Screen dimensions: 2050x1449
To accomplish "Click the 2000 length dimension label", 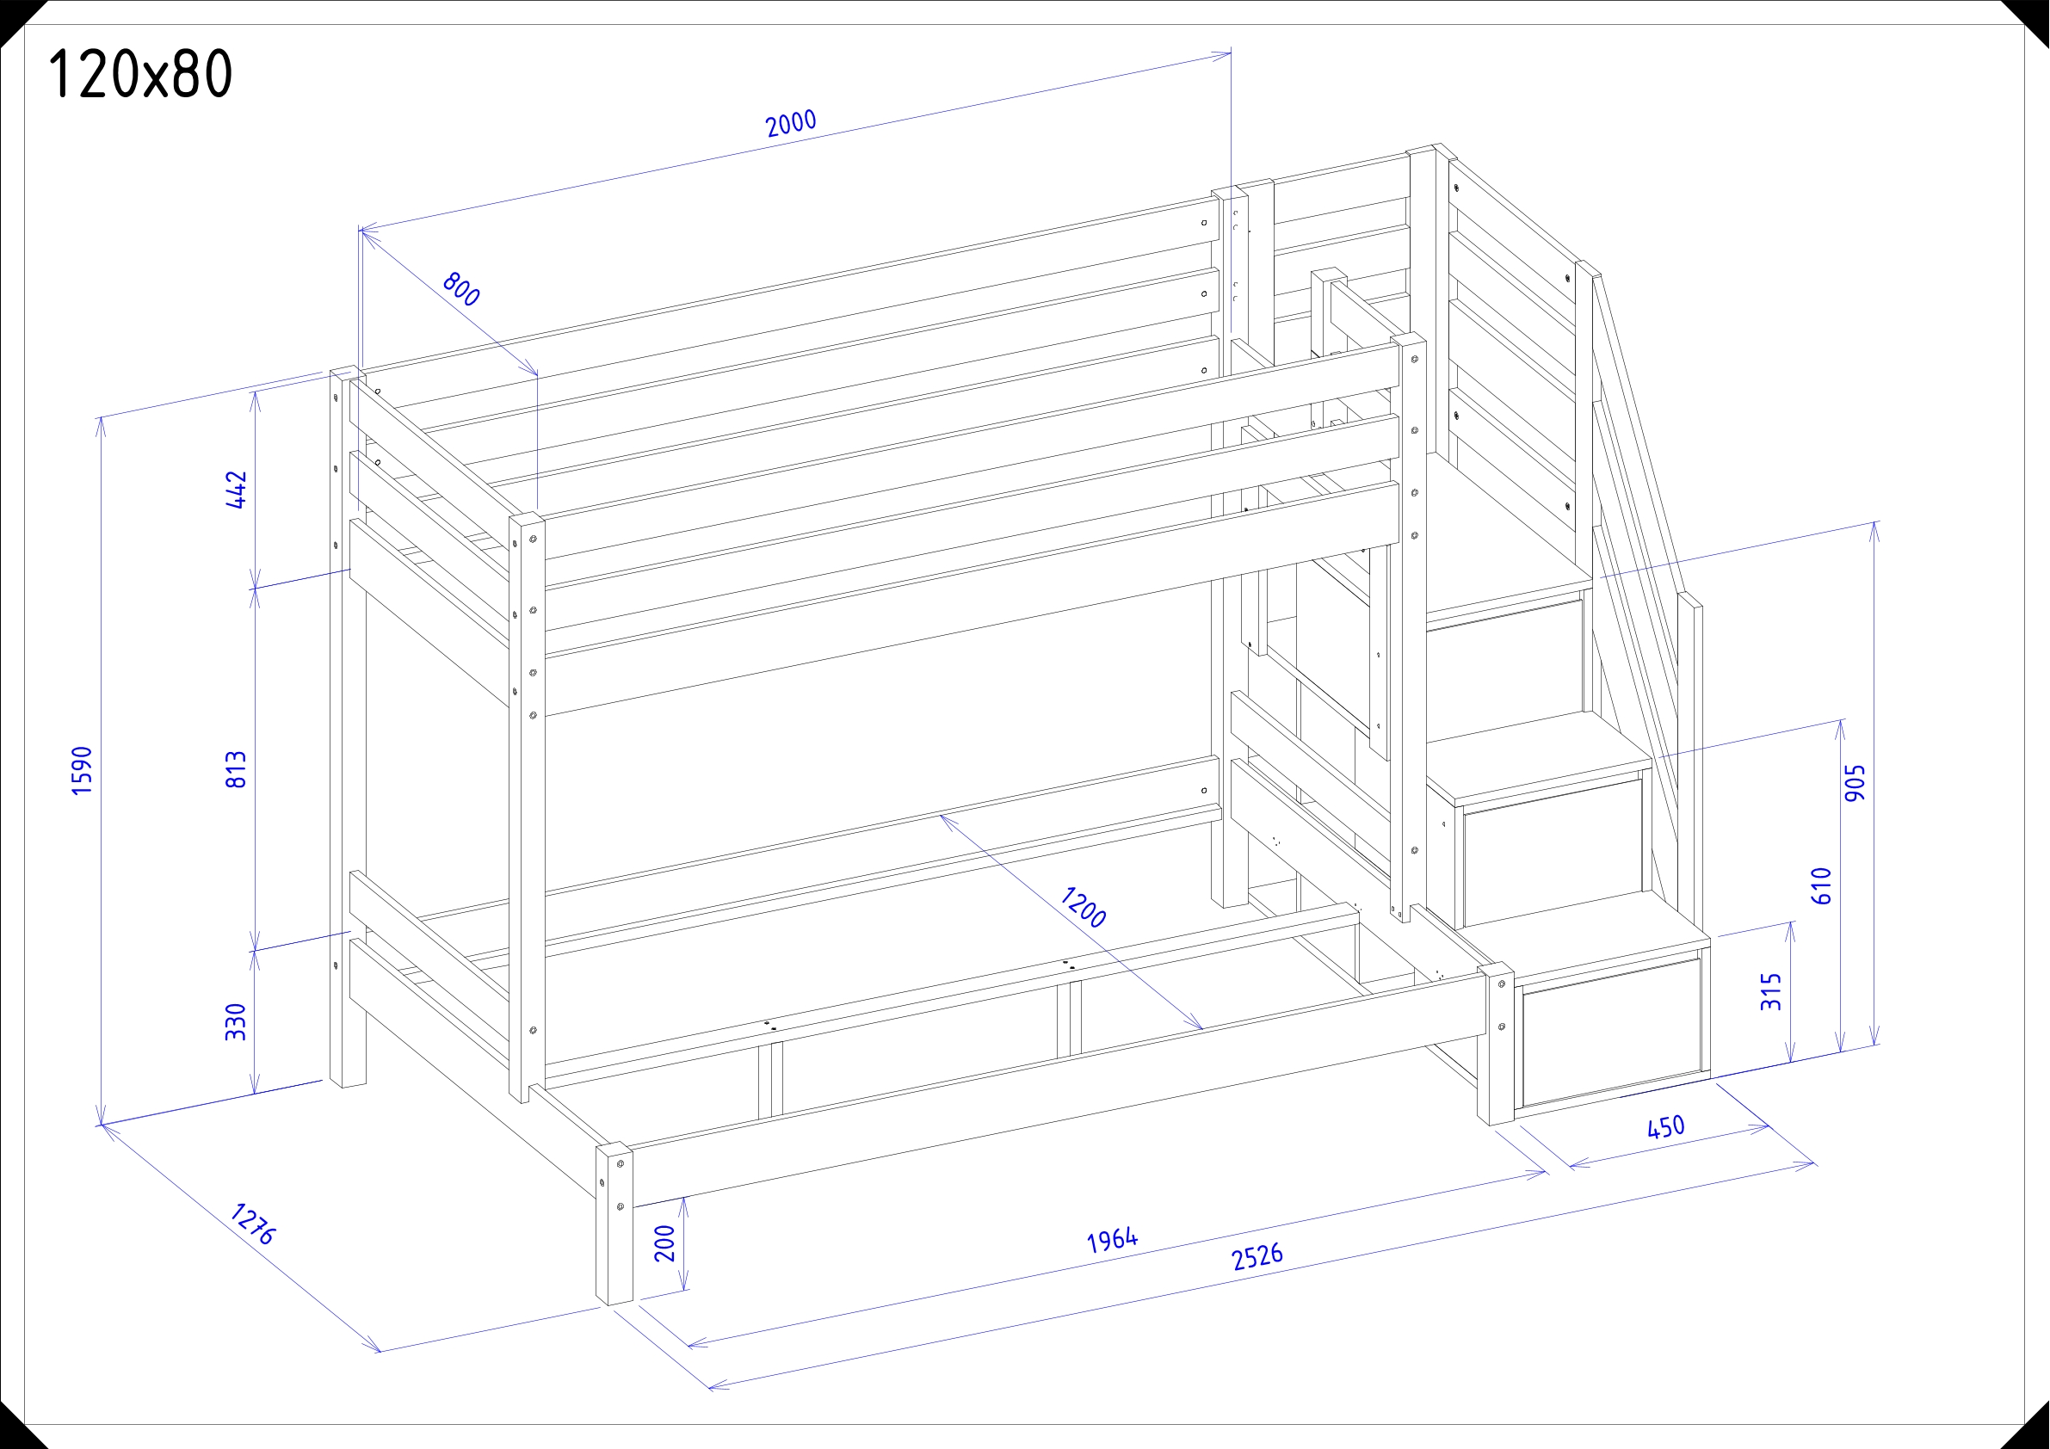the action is [x=791, y=123].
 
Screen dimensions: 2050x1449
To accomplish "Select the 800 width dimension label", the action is [x=461, y=289].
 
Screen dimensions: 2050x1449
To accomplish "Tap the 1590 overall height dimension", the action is [x=81, y=770].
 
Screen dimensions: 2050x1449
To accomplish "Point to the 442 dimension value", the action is [x=236, y=490].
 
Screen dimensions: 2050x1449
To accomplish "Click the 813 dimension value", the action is [x=236, y=769].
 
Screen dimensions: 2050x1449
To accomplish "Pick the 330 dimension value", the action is [x=236, y=1022].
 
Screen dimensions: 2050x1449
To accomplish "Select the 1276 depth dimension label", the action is [x=254, y=1224].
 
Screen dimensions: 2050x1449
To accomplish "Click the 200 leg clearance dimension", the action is [x=665, y=1243].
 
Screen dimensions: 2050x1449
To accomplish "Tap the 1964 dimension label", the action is [x=1113, y=1240].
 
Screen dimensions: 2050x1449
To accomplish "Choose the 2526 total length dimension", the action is [x=1257, y=1257].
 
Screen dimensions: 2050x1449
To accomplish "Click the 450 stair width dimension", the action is [x=1666, y=1127].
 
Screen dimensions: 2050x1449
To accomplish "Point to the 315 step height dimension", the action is [x=1771, y=992].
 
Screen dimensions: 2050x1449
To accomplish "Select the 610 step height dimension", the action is [x=1822, y=885].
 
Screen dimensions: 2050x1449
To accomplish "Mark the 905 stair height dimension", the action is [x=1855, y=783].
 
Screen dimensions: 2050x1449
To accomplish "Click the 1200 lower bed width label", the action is [x=1084, y=907].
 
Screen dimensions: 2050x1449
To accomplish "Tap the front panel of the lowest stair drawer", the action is [x=1611, y=1031].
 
